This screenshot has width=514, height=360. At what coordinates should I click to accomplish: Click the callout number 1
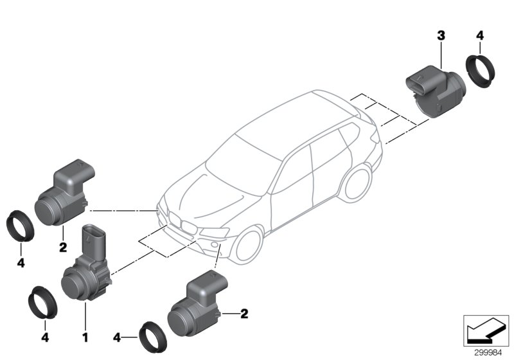click(x=84, y=335)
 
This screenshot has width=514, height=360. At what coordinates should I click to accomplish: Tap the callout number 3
click(x=441, y=37)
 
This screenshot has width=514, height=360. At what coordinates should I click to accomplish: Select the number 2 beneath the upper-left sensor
click(x=62, y=246)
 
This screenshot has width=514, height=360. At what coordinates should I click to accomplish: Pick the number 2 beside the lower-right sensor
click(x=244, y=314)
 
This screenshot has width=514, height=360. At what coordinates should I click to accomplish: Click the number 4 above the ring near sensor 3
click(x=479, y=37)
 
